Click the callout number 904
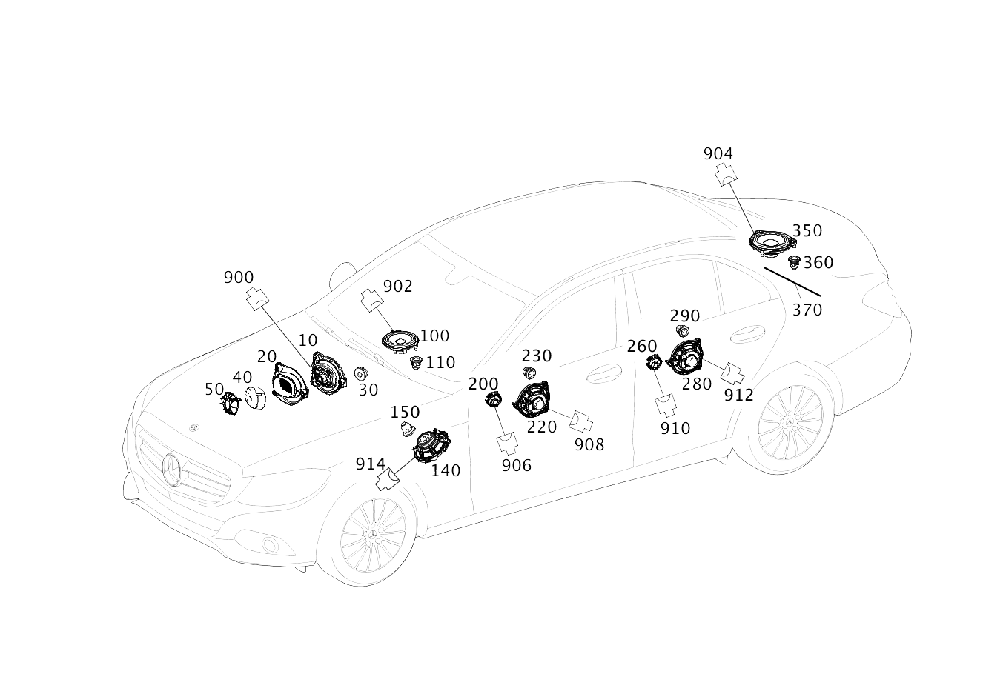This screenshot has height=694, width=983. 718,154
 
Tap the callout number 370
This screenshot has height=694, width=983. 807,310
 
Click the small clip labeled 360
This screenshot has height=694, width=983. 794,263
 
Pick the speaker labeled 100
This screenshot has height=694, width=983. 400,341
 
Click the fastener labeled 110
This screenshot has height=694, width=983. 416,363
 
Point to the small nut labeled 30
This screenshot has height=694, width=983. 361,374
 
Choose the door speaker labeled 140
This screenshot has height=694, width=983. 431,446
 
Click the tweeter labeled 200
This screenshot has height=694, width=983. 493,400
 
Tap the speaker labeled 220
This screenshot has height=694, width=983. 532,400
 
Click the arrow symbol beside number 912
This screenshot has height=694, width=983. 732,373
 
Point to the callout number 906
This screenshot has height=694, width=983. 517,466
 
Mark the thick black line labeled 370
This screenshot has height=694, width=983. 792,282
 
